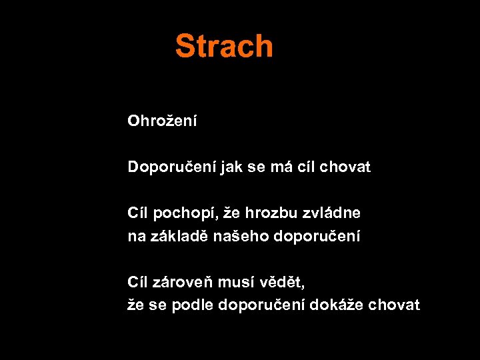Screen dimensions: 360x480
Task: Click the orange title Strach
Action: coord(224,46)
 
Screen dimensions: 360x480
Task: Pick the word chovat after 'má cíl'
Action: coord(345,167)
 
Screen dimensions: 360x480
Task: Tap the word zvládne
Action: coord(331,213)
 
